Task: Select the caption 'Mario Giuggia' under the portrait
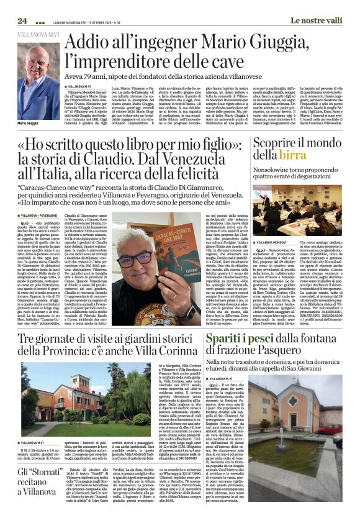[32, 124]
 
